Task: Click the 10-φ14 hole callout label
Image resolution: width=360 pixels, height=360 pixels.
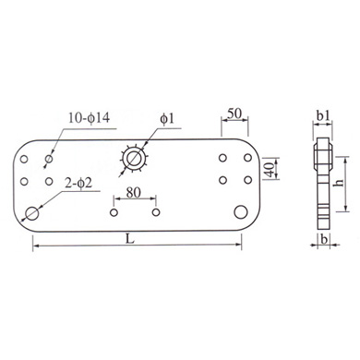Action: coord(89,117)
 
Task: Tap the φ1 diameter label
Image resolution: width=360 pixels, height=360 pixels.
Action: coord(167,118)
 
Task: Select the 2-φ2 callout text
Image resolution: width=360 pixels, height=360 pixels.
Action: coord(78,184)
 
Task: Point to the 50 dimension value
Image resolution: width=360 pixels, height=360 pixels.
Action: coord(234,114)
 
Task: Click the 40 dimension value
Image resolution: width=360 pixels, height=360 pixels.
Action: coord(270,169)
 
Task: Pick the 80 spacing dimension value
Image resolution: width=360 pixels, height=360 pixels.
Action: coord(133,192)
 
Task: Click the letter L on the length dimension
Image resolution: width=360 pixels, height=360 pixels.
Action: coord(130,239)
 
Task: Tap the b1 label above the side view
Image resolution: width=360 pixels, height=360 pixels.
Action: coord(323,115)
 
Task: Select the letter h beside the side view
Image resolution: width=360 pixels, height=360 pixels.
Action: coord(339,183)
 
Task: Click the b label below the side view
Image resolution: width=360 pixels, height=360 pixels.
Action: coord(323,240)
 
